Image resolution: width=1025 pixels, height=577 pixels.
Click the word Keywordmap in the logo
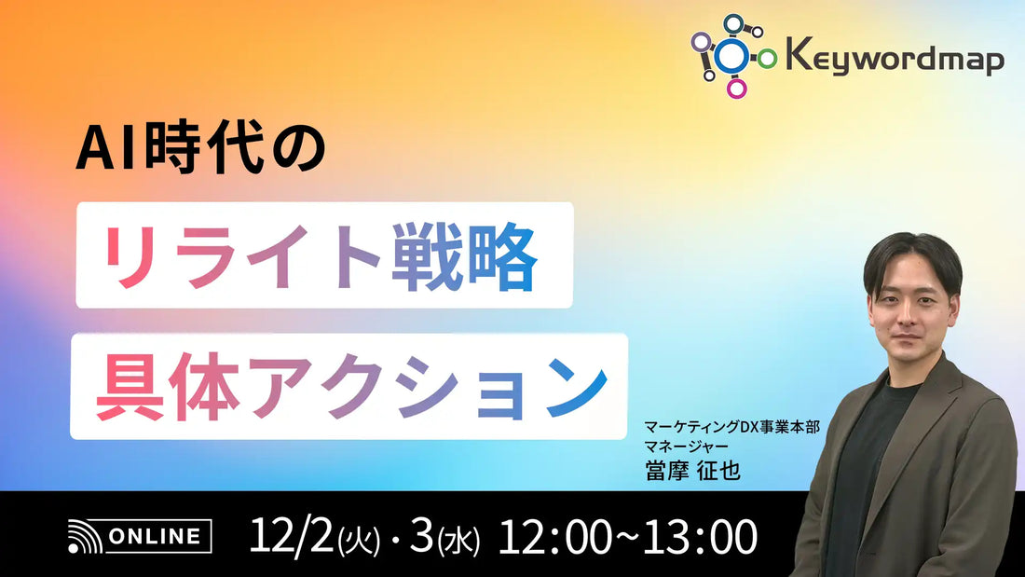pyautogui.click(x=895, y=60)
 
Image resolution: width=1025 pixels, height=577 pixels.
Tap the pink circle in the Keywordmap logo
pyautogui.click(x=737, y=89)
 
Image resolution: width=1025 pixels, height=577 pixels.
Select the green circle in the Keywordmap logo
pyautogui.click(x=767, y=59)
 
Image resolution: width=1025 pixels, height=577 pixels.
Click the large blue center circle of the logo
pyautogui.click(x=733, y=56)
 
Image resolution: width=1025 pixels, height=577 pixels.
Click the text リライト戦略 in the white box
pyautogui.click(x=322, y=255)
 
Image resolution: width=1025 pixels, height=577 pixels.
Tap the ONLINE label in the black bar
pyautogui.click(x=157, y=536)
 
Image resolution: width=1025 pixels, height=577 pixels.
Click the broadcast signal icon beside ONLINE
pyautogui.click(x=83, y=537)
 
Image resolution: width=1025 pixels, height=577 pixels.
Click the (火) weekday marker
pyautogui.click(x=358, y=540)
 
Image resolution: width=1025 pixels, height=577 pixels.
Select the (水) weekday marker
pyautogui.click(x=459, y=540)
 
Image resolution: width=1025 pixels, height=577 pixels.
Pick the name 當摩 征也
pyautogui.click(x=692, y=470)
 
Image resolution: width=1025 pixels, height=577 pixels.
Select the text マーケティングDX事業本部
pyautogui.click(x=731, y=427)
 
